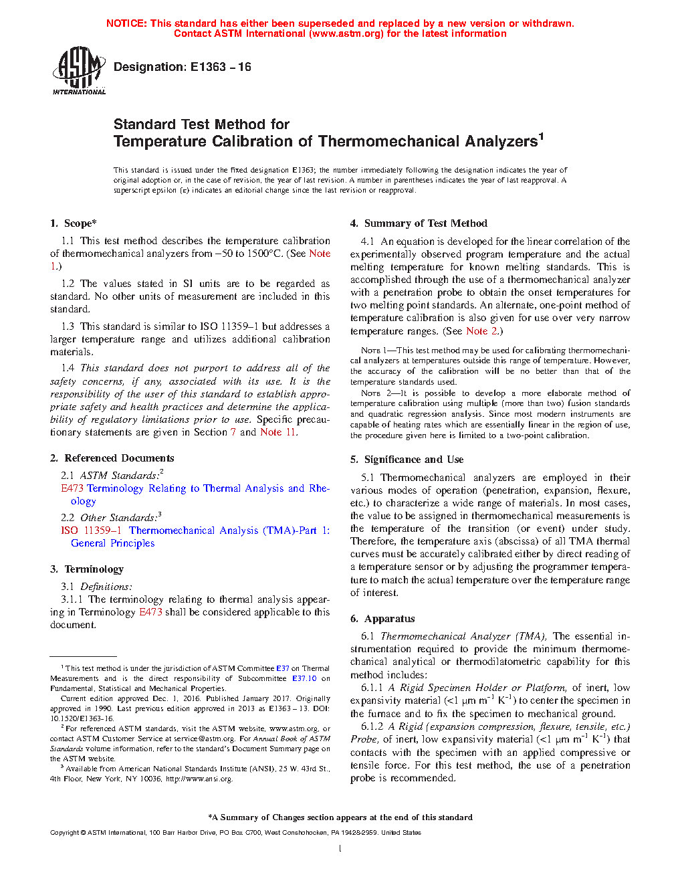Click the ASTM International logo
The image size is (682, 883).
[78, 70]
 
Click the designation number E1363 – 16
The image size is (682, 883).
[221, 67]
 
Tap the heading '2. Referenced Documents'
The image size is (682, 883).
[112, 458]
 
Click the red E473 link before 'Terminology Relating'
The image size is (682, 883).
[72, 488]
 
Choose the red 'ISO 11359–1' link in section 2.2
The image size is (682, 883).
[91, 530]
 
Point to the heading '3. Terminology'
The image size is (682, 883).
[87, 569]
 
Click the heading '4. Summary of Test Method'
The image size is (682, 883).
[419, 223]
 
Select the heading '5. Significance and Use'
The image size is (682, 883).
[407, 460]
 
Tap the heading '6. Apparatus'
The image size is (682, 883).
[382, 619]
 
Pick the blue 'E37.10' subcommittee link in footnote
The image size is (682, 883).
[304, 678]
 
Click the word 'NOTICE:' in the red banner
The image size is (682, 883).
[126, 23]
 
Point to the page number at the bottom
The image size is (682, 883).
[340, 849]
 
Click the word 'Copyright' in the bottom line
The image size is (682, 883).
[64, 833]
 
